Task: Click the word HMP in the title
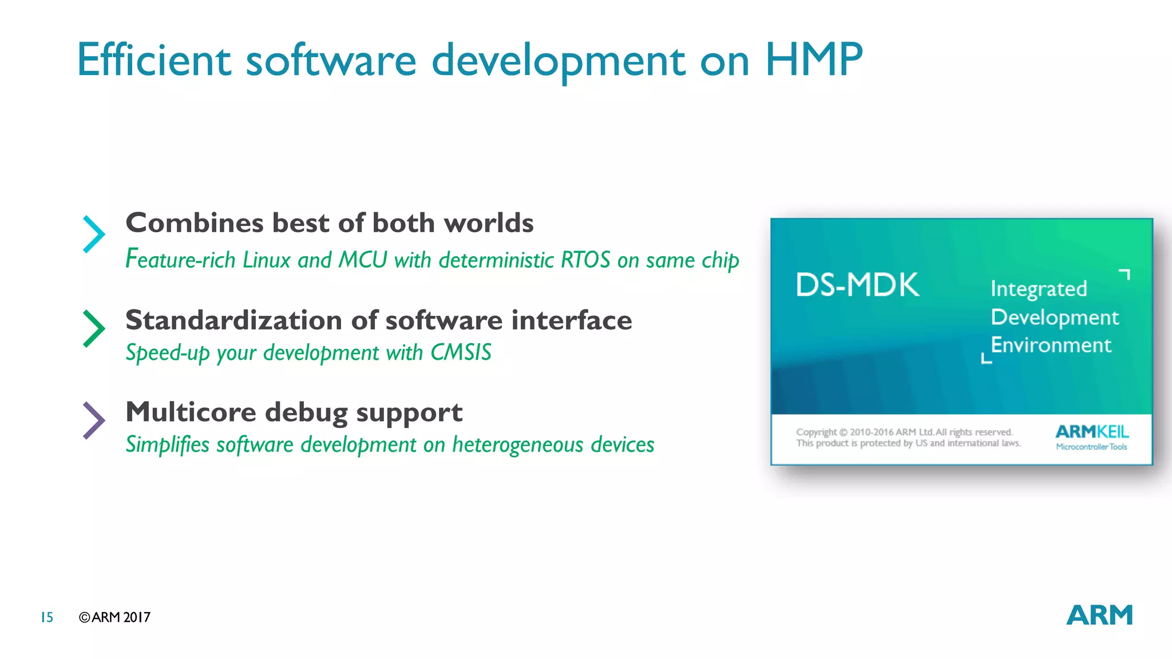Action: coord(813,59)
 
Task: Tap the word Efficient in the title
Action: coord(153,59)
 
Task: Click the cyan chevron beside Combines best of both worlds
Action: coord(94,234)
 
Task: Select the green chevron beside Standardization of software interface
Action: coord(94,328)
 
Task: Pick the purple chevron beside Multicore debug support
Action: coord(94,420)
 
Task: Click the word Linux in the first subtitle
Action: coord(267,260)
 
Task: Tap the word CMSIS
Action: coord(461,352)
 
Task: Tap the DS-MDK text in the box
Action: coord(857,285)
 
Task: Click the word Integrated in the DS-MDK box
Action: coord(1038,289)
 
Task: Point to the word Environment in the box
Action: coord(1051,345)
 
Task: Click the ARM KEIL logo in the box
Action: coord(1091,437)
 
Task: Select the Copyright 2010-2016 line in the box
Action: coord(904,432)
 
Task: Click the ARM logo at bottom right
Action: coord(1099,616)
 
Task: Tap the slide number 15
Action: coord(47,617)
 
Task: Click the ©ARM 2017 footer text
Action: coord(114,617)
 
